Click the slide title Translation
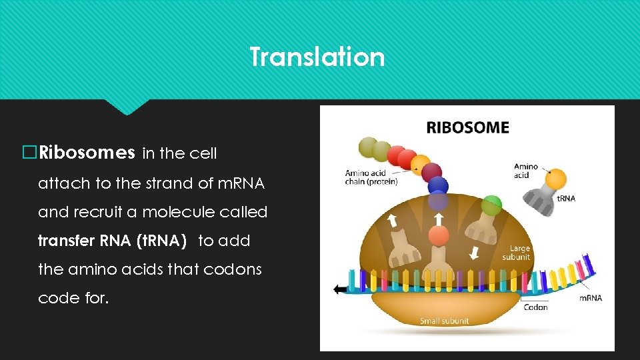click(317, 57)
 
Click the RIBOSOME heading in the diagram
click(467, 127)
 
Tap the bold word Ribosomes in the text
click(87, 153)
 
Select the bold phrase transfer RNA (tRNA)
click(112, 241)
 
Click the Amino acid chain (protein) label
click(371, 178)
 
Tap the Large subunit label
click(516, 253)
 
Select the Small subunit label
click(444, 321)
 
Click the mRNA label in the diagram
click(590, 298)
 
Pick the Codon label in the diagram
click(535, 307)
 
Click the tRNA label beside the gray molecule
click(566, 198)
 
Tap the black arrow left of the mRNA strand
click(341, 289)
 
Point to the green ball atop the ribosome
click(491, 203)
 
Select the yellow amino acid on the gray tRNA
click(555, 179)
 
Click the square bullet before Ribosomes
click(29, 153)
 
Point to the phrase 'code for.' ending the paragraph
click(73, 298)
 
